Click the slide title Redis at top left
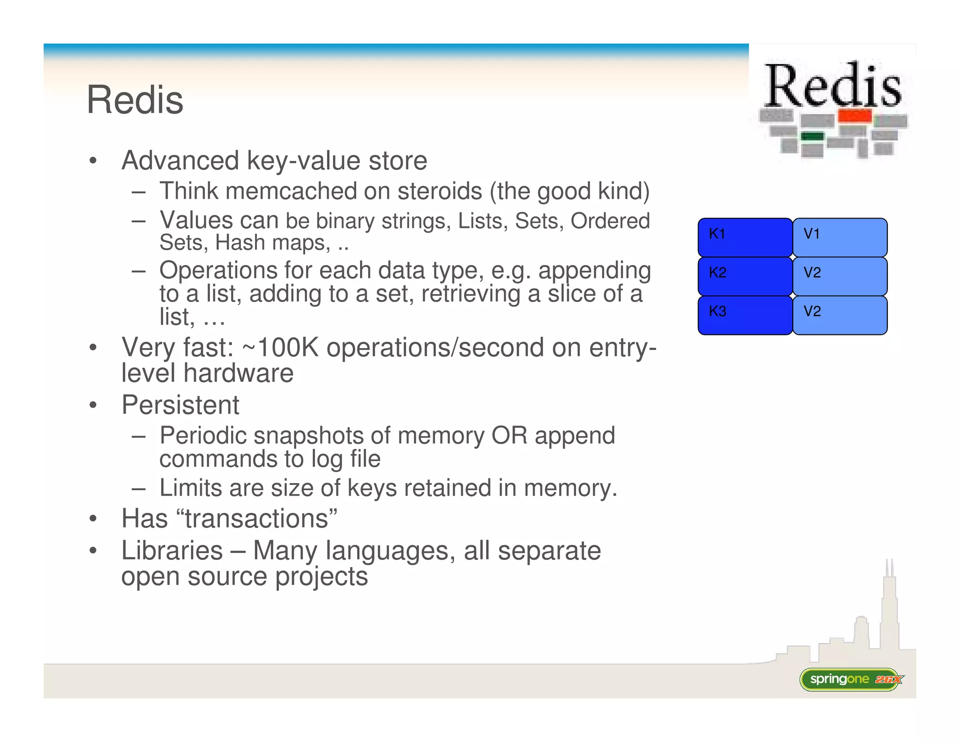135,100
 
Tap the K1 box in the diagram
745,237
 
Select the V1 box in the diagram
840,237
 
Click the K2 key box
745,276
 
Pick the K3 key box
745,315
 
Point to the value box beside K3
840,315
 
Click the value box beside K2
840,276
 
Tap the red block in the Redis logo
855,115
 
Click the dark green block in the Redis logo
812,136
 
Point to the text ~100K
280,348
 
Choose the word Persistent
180,405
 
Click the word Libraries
172,551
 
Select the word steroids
439,191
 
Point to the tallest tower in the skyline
889,605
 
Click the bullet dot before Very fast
93,348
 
